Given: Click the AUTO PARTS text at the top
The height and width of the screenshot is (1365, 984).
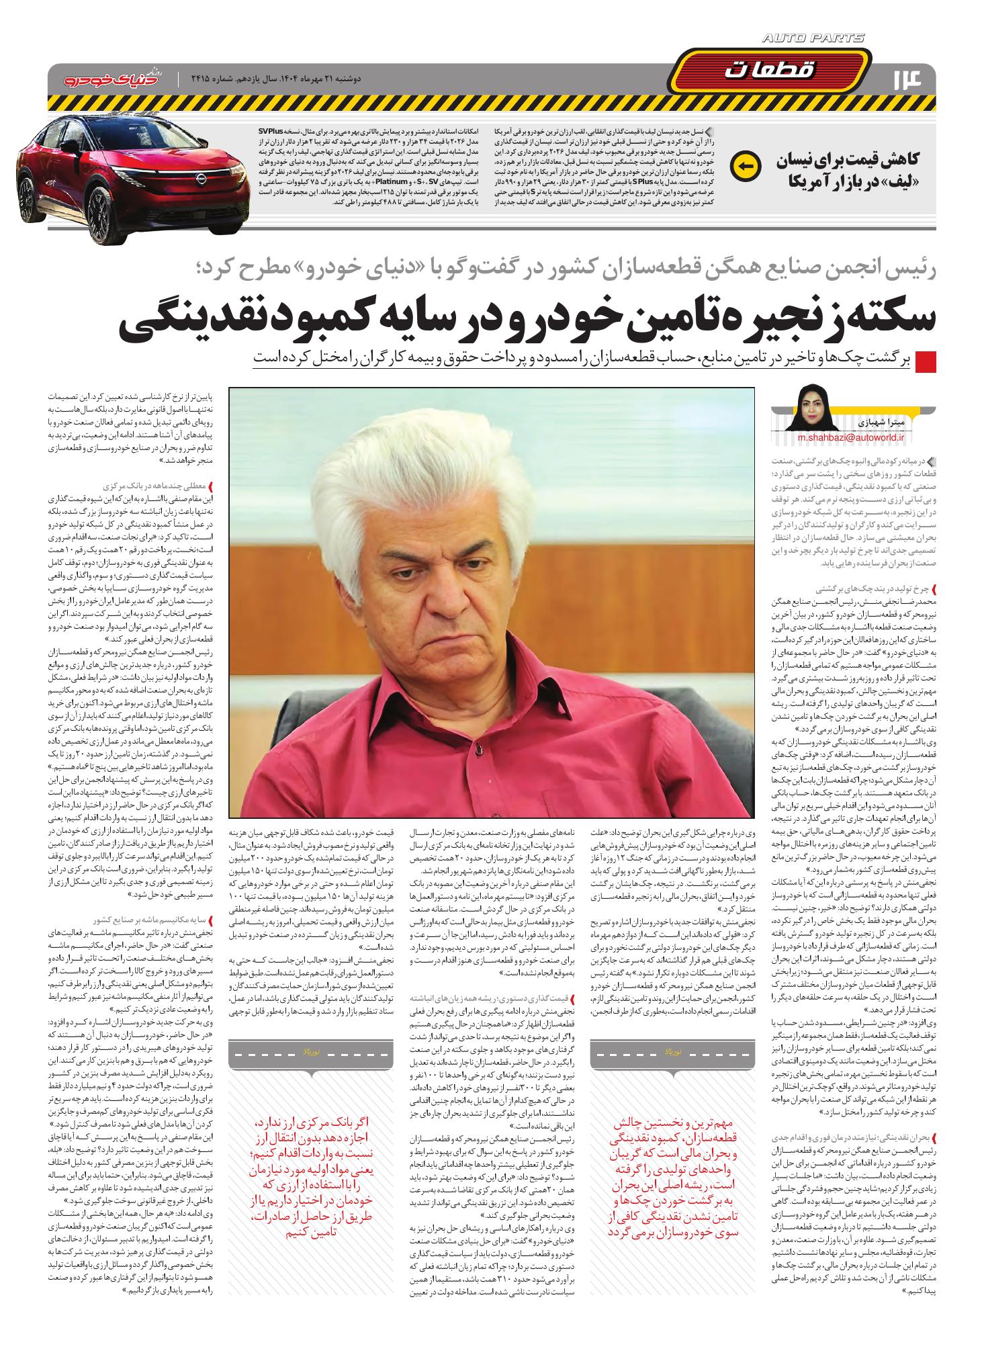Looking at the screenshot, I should (x=813, y=39).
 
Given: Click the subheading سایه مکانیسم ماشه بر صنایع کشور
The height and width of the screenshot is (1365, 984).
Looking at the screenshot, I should (x=154, y=918).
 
